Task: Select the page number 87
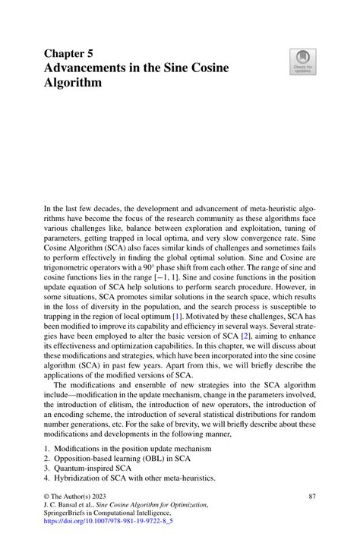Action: pos(311,496)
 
